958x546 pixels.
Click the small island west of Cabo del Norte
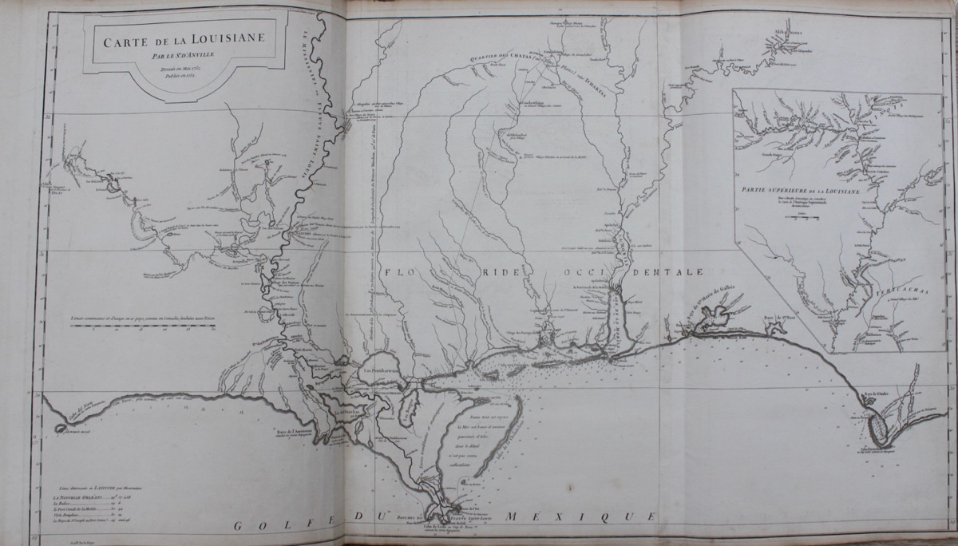coord(61,427)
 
